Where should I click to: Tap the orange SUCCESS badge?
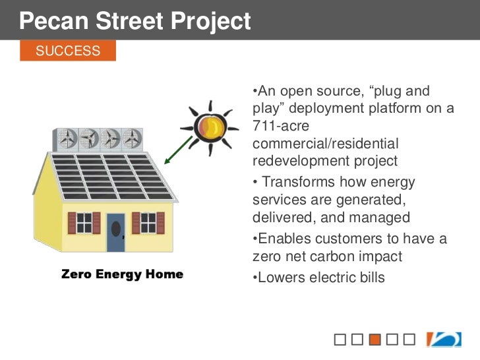pos(68,51)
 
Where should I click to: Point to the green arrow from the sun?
pos(178,149)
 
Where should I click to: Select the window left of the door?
pos(84,223)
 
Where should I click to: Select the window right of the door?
pos(148,222)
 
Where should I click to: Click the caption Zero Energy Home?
pos(122,274)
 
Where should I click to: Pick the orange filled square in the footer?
pos(375,340)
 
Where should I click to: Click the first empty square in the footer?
pos(340,340)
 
